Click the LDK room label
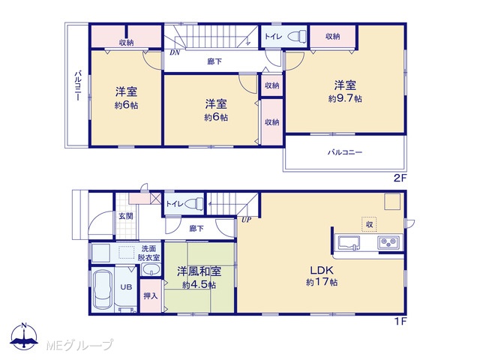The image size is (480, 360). tap(322, 270)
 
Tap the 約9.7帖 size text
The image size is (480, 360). tap(345, 98)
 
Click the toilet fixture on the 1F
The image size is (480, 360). tap(195, 203)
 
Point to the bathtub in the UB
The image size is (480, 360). tap(103, 289)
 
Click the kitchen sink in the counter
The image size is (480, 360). tap(349, 243)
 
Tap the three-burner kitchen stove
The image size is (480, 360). tap(388, 243)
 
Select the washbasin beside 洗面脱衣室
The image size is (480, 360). tap(151, 270)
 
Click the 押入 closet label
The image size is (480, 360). tap(151, 295)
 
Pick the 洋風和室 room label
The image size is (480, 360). tap(199, 271)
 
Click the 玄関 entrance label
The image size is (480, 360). tap(126, 216)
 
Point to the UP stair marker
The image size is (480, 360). tap(246, 220)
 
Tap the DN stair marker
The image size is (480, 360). tap(175, 52)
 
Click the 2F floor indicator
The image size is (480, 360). tap(400, 178)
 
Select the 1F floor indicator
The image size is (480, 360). tap(400, 321)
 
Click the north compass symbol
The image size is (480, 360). tap(24, 337)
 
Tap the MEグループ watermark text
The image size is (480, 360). tap(79, 345)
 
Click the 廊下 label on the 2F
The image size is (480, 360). tap(214, 61)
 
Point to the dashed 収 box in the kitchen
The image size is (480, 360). tap(369, 224)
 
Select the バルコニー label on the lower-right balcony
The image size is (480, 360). tap(345, 152)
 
